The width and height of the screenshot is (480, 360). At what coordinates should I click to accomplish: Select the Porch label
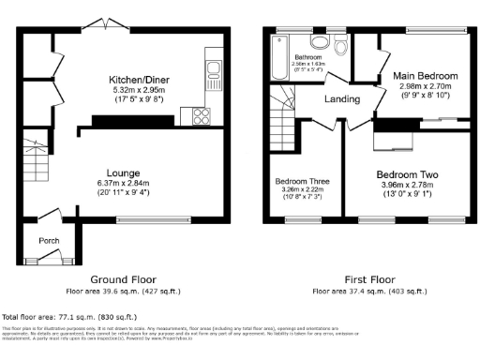pyautogui.click(x=49, y=241)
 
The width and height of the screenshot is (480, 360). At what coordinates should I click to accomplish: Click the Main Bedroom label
pyautogui.click(x=425, y=75)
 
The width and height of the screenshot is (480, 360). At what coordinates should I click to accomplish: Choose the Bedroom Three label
pyautogui.click(x=302, y=181)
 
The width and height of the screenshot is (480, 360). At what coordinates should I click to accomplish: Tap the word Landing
pyautogui.click(x=343, y=99)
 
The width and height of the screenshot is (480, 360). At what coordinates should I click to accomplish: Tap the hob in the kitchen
pyautogui.click(x=201, y=116)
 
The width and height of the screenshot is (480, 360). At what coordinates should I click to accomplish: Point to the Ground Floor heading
pyautogui.click(x=122, y=279)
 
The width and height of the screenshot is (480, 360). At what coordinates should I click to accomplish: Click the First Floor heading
pyautogui.click(x=368, y=279)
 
